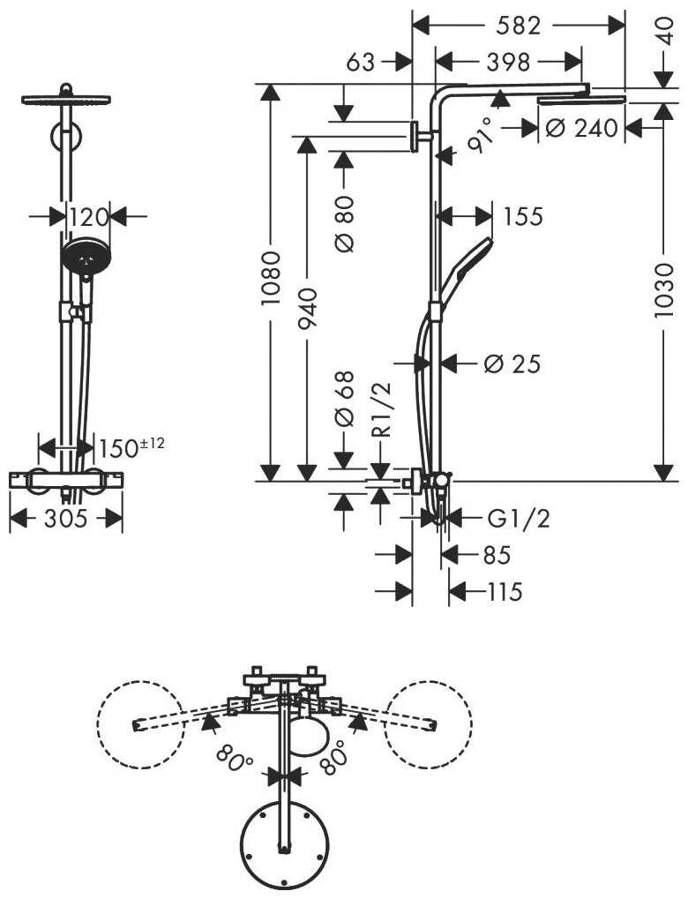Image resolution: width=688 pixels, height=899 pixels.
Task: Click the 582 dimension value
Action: [518, 26]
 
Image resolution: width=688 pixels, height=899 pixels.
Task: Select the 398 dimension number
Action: [508, 62]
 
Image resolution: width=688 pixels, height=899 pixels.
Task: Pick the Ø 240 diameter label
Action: [582, 128]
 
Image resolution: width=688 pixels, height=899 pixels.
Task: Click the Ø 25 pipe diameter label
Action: [511, 363]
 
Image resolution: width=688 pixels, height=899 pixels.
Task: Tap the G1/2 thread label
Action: [519, 519]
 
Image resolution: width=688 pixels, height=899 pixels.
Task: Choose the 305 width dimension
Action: [65, 520]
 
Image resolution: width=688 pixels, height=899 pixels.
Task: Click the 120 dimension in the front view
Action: [87, 216]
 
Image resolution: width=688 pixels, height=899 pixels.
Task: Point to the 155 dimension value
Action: [523, 216]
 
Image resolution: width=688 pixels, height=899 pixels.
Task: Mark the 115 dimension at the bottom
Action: [505, 592]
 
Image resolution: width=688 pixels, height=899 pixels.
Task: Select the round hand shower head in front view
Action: [85, 258]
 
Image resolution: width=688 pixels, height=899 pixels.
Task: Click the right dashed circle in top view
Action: [429, 723]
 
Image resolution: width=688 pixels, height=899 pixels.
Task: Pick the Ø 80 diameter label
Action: [345, 221]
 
